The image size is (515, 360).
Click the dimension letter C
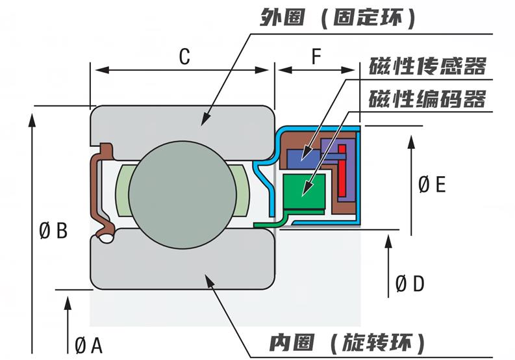point(184,57)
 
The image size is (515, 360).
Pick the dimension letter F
point(316,57)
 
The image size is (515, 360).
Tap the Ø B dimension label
point(53,230)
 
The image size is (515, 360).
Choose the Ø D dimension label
point(410,283)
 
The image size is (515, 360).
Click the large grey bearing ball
point(182,194)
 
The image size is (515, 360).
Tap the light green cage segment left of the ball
point(123,194)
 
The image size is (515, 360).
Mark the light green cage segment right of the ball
point(241,194)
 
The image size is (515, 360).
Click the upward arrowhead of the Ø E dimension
point(410,139)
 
